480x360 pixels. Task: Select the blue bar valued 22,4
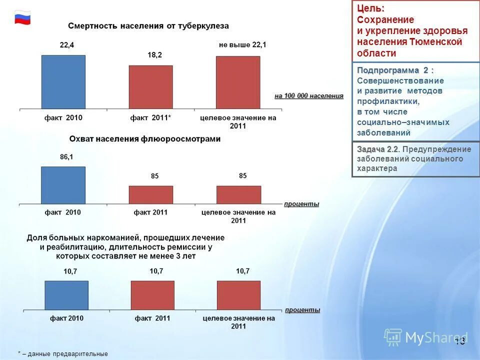63,82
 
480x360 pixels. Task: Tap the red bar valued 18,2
150,87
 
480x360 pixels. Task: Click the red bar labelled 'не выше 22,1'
238,82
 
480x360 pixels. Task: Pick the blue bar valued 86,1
63,185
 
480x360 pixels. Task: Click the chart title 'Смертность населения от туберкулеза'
148,25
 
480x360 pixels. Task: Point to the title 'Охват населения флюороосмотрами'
145,139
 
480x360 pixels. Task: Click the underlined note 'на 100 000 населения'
309,96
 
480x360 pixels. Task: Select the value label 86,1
66,157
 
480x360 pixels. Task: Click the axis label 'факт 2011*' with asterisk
151,118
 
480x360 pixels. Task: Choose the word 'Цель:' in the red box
371,9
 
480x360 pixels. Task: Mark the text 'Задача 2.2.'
378,149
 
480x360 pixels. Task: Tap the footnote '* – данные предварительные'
63,353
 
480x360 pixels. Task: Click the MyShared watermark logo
425,338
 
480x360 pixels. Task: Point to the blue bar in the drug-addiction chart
66,295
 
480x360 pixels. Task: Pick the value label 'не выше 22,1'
242,45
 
